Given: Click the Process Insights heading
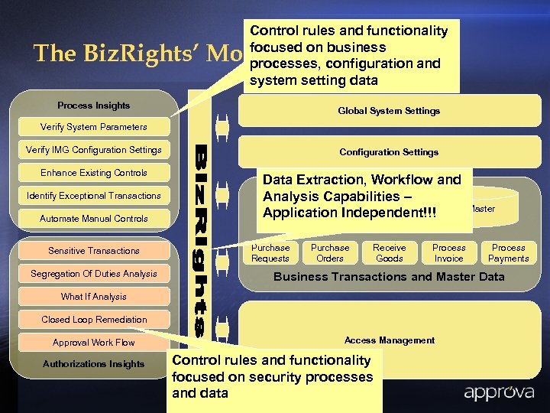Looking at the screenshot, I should click(94, 106).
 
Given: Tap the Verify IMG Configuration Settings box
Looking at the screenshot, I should click(94, 150).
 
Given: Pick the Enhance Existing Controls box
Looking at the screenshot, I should click(94, 173).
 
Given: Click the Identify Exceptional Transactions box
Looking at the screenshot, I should click(94, 196).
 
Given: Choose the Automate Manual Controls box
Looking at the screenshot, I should click(94, 219).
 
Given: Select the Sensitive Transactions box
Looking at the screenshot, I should click(94, 251).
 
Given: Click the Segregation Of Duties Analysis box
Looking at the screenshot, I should click(94, 274).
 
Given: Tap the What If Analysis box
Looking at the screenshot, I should click(94, 297).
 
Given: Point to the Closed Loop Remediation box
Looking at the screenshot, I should click(94, 320).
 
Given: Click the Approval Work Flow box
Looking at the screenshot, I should click(94, 343).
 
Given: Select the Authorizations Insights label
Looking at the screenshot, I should click(94, 364).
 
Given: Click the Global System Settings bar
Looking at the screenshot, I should click(389, 111).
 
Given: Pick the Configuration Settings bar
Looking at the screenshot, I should click(389, 152).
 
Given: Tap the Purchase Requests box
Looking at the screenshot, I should click(270, 253).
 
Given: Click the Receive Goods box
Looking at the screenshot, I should click(390, 253).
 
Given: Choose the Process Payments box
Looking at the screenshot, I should click(509, 253).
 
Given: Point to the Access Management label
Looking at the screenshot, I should click(390, 340).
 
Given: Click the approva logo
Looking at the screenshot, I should click(495, 394).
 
